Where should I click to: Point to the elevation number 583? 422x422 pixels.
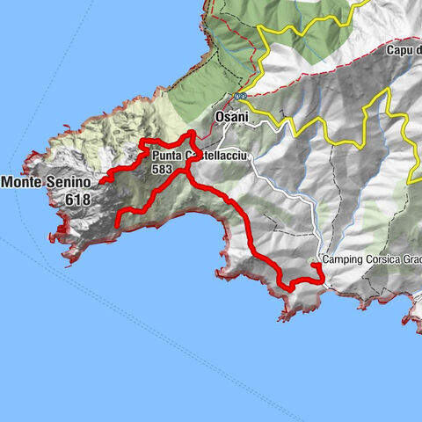161,169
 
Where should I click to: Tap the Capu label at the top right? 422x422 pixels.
400,50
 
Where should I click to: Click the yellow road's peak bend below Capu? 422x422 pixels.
384,89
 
